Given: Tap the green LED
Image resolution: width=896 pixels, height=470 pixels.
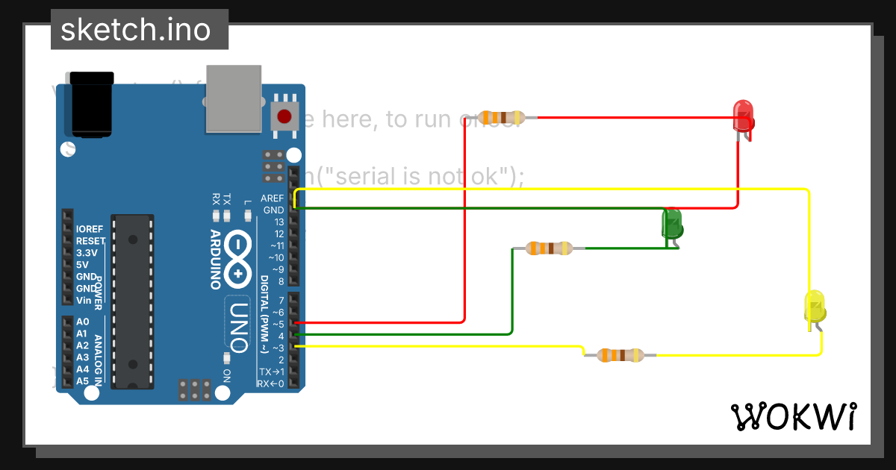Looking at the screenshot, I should click(x=672, y=224).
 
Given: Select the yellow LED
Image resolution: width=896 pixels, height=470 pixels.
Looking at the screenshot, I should click(x=814, y=307).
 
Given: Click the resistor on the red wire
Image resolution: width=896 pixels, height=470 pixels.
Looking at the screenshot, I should click(x=501, y=117).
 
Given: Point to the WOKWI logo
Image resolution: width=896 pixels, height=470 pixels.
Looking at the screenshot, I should click(x=794, y=416).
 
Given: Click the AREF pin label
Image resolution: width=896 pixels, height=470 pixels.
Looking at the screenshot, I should click(x=272, y=198).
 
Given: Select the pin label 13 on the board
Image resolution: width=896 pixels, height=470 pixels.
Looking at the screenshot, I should click(x=279, y=222).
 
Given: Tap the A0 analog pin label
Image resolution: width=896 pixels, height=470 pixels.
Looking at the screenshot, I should click(x=82, y=322).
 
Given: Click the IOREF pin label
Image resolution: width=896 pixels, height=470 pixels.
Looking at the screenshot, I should click(x=89, y=229).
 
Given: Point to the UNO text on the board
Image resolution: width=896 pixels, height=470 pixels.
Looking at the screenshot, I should click(x=238, y=326).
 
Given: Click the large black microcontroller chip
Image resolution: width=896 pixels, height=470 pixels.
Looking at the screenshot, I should click(x=132, y=301).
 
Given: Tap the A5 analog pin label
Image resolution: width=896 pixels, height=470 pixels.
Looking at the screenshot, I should click(x=82, y=380).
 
